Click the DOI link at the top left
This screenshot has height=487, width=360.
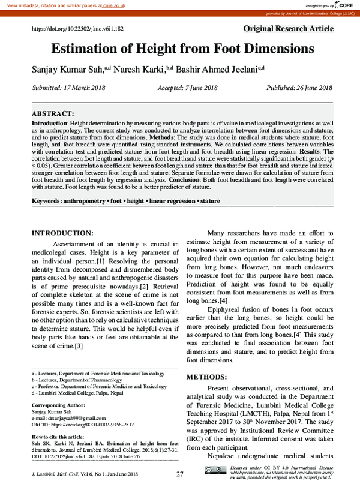click(77, 29)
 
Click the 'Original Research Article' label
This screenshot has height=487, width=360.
click(288, 29)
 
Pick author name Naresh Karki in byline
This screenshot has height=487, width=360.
click(143, 69)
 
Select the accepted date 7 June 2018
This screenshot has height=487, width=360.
click(187, 88)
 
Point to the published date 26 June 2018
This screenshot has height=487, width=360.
click(299, 88)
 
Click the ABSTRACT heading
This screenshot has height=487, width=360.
click(53, 113)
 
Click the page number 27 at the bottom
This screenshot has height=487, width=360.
click(179, 474)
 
